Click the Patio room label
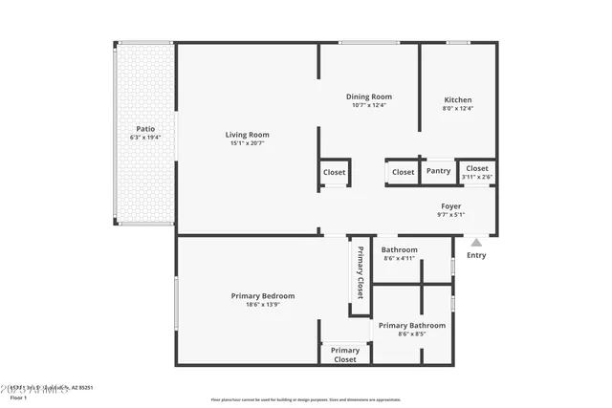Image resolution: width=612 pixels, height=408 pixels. (x=145, y=128)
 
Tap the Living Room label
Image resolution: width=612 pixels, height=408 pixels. (x=247, y=134)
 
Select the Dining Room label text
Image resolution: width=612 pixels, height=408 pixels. (x=368, y=97)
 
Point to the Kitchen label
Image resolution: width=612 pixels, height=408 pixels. (x=457, y=99)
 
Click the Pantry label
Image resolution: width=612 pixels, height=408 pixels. (x=438, y=172)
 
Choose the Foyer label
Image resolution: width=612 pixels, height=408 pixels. (x=450, y=206)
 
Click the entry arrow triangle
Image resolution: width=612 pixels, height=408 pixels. (x=476, y=243)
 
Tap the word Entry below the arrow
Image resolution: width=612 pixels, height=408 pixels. (x=475, y=255)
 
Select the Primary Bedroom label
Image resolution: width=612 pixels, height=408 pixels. (x=263, y=296)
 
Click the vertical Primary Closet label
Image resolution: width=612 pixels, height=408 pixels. (x=360, y=273)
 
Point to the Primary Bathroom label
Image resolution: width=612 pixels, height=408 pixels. (x=412, y=326)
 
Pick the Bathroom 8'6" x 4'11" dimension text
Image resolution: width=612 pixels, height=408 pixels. (x=400, y=258)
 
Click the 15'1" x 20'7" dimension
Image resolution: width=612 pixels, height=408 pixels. (x=247, y=143)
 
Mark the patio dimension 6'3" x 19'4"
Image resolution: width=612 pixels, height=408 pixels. (x=145, y=138)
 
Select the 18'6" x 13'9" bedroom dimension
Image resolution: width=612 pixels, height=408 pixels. (x=263, y=306)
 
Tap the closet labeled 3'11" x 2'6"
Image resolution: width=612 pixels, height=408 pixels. (x=476, y=172)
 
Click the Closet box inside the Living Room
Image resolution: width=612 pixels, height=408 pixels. (x=334, y=172)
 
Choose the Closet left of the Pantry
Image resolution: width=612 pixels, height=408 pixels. (x=403, y=172)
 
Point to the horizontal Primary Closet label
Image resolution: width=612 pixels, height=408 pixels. (x=344, y=354)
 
